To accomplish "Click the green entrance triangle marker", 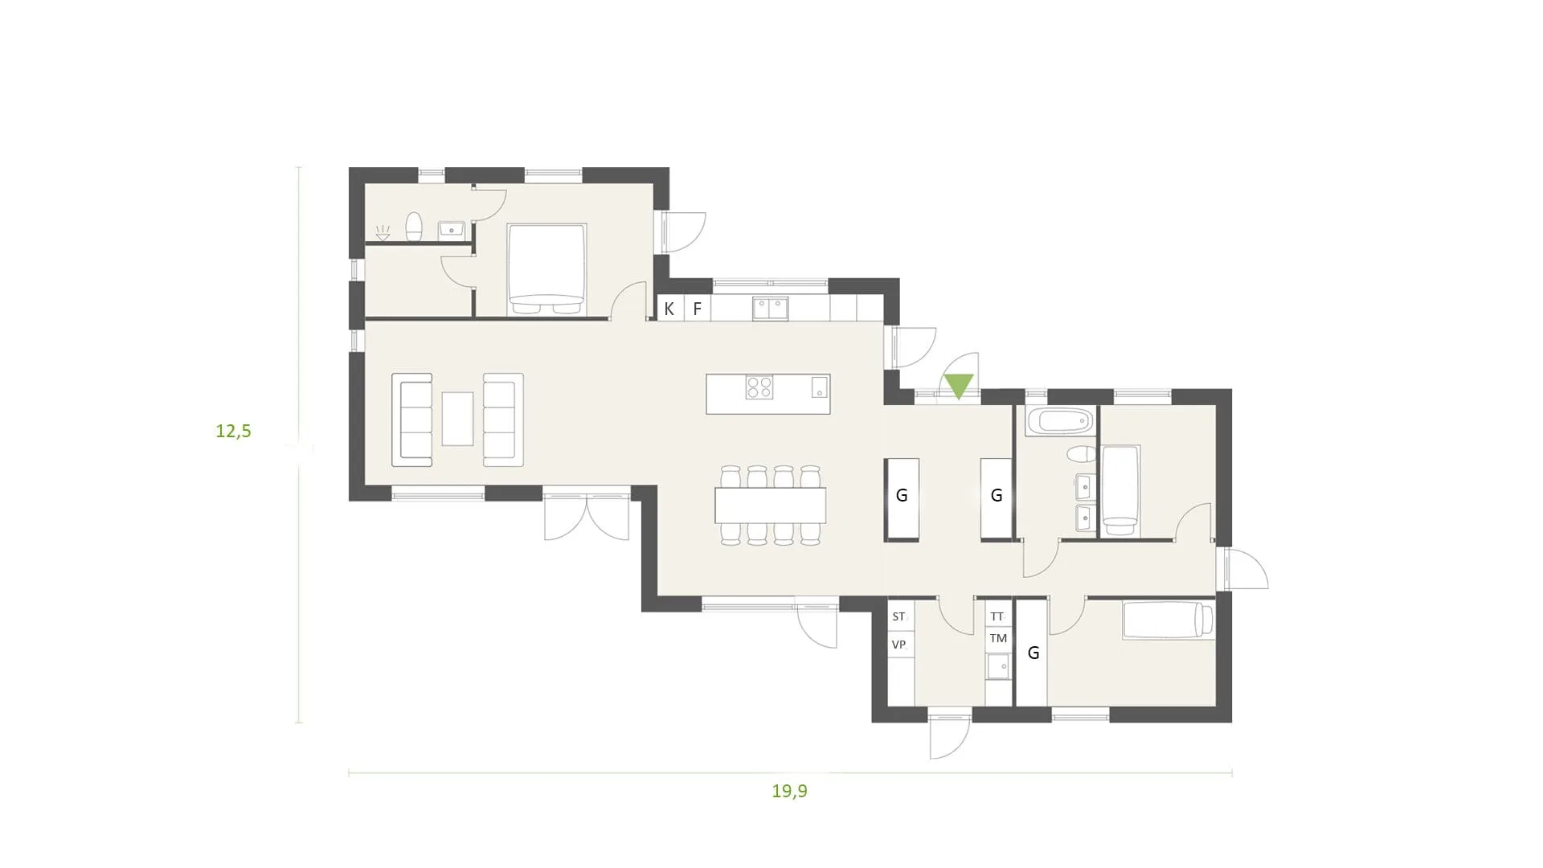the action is pos(959,387).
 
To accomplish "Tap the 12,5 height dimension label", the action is pos(233,431).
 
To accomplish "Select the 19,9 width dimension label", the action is pos(789,791).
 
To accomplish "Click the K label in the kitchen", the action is pos(669,309).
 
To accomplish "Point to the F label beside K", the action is pos(697,309).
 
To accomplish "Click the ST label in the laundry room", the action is pos(898,616).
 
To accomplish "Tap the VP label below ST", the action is pos(898,645).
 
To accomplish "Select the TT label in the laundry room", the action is pos(997,616).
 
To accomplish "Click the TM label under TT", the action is pos(998,638).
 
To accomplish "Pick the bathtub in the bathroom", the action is pos(1060,421).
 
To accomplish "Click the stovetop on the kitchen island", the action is pos(759,388).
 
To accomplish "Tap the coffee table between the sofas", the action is pos(457,418).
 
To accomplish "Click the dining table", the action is pos(771,506).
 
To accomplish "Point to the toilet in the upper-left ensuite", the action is pos(414,227).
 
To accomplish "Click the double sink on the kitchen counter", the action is pos(770,309).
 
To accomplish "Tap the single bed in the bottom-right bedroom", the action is pos(1168,620).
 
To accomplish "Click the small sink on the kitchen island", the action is pos(819,387).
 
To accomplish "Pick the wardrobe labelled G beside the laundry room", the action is pos(1033,653).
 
